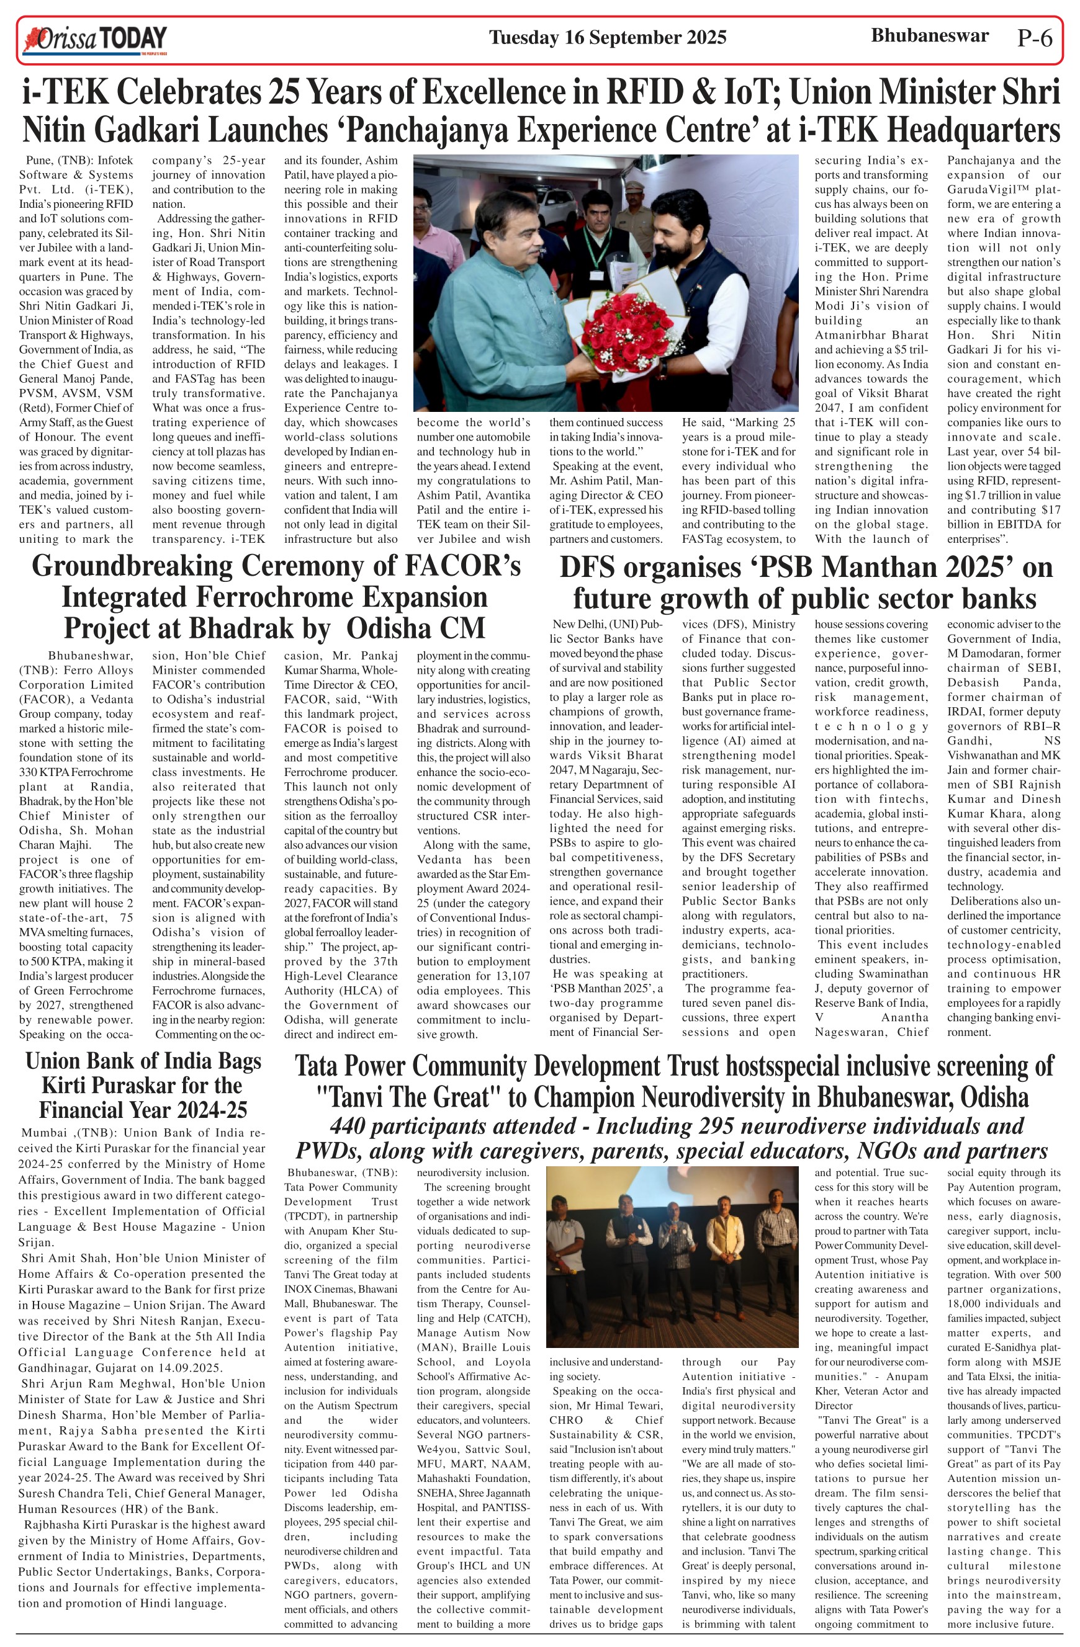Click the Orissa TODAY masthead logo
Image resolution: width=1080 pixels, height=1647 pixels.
point(95,40)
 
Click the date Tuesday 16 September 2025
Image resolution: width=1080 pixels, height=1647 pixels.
point(607,37)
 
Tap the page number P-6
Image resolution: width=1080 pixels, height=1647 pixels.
point(1034,38)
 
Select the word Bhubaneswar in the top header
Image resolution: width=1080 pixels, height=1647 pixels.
point(929,36)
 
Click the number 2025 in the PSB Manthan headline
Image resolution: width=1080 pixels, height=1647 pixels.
point(968,568)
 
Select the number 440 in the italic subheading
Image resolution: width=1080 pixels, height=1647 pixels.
point(348,1126)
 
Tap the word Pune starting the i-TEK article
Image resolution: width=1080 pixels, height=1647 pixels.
point(38,161)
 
